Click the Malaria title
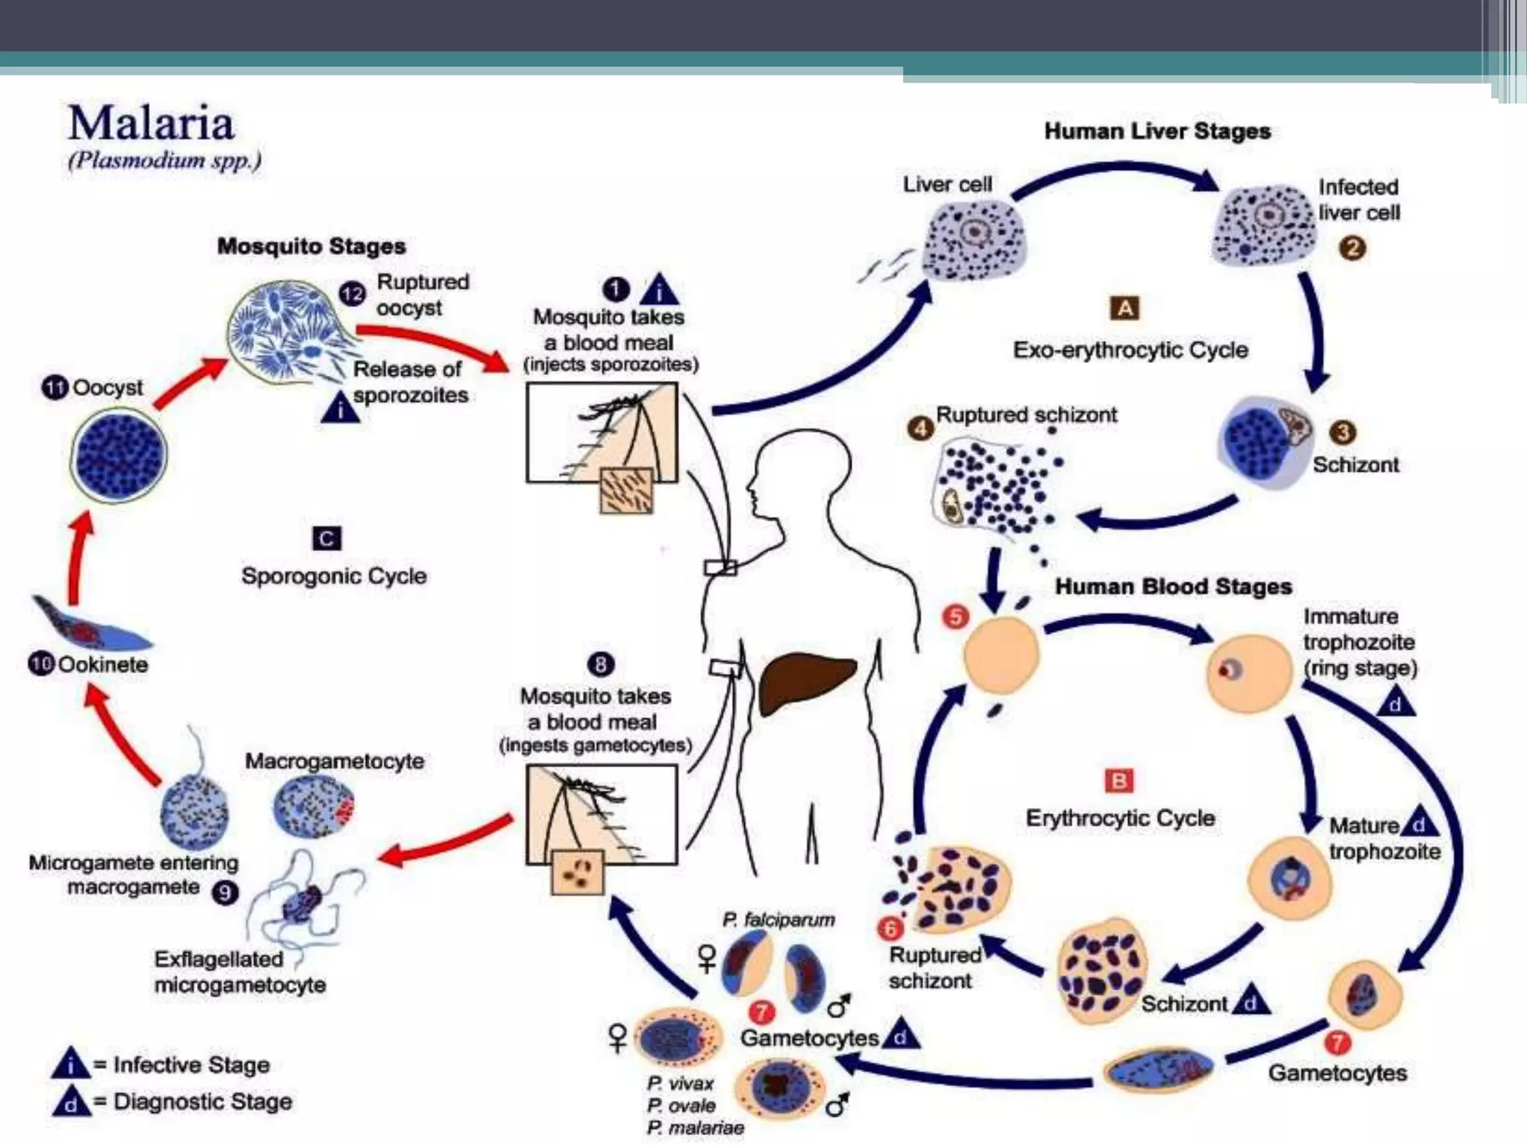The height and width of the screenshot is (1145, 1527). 151,124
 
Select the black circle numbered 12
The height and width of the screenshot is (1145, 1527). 352,294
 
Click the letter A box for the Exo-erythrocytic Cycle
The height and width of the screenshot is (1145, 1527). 1125,308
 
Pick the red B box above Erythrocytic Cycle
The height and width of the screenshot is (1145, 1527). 1118,781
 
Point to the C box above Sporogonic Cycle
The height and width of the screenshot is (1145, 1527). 327,538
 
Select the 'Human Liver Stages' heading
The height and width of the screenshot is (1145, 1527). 1156,131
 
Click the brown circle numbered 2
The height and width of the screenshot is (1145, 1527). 1353,247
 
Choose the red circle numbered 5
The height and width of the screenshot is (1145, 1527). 956,616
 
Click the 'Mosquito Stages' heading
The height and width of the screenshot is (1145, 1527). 311,246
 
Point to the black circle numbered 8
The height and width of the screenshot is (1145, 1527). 601,664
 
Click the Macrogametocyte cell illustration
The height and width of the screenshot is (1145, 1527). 314,807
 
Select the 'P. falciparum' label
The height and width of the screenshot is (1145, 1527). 778,920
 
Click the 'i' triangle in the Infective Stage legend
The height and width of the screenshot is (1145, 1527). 70,1064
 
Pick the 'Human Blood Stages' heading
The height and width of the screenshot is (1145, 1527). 1173,587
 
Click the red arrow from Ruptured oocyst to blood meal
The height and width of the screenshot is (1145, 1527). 432,343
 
